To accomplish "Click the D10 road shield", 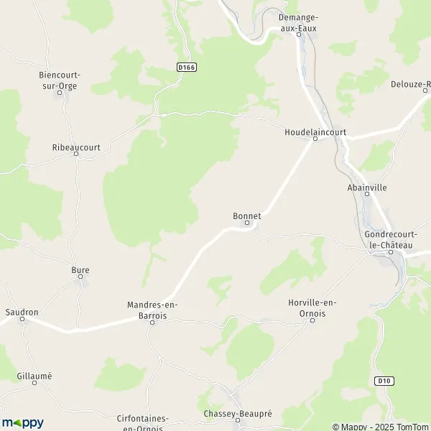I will (x=381, y=380).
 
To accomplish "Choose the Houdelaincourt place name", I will (x=315, y=132).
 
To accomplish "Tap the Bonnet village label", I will (x=246, y=215).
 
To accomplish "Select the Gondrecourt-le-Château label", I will (x=389, y=240).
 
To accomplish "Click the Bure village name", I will (x=80, y=270).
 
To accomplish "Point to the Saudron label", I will (x=22, y=312).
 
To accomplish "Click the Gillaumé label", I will (x=34, y=376).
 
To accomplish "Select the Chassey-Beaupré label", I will (x=236, y=414).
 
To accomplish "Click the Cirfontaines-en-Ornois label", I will (x=142, y=422).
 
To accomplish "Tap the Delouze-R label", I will (x=410, y=84).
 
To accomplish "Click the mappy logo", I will (x=22, y=422).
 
